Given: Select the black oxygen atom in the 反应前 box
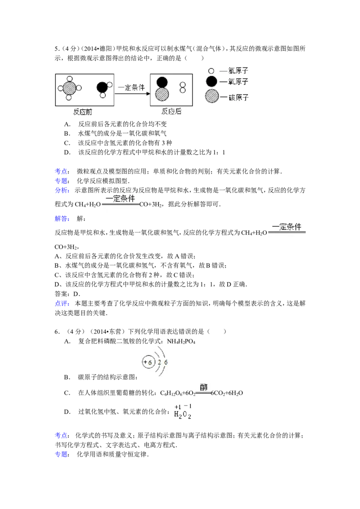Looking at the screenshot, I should click(x=102, y=87).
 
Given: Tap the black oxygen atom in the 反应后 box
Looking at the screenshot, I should click(x=162, y=82).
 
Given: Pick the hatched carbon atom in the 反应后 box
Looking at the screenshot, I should click(x=162, y=94).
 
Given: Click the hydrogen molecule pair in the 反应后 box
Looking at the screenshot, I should click(x=183, y=87).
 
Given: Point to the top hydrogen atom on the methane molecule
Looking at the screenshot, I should click(x=69, y=78).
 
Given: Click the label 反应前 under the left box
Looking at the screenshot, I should click(x=83, y=112).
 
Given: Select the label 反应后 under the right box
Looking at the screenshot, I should click(x=171, y=112).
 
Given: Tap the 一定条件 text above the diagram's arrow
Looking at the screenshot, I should click(x=131, y=88).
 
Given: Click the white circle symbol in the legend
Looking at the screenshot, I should click(x=211, y=71).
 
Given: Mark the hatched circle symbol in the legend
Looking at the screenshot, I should click(x=211, y=97).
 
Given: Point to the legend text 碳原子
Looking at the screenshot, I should click(x=239, y=97).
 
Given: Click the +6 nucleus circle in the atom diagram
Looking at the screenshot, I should click(x=148, y=362).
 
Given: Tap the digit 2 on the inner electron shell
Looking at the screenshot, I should click(x=159, y=362).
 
